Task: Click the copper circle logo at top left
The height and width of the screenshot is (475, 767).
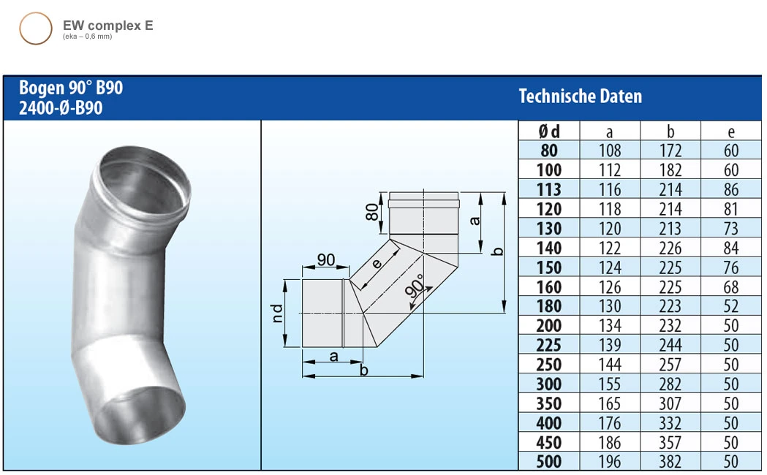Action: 35,28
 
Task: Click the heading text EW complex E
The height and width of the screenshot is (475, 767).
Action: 107,26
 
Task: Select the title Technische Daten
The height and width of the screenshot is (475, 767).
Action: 580,96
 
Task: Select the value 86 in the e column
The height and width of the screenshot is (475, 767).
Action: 730,190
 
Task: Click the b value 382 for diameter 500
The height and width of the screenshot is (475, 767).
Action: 670,462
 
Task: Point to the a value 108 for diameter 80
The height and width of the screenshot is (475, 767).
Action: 609,151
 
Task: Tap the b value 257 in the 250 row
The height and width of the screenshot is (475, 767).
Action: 670,365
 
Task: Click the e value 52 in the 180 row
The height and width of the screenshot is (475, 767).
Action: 730,306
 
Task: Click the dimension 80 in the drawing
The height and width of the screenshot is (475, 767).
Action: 373,213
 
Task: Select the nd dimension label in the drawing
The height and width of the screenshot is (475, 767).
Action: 279,314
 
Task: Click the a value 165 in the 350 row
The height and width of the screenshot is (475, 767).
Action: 609,403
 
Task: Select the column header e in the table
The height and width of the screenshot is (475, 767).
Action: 730,132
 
